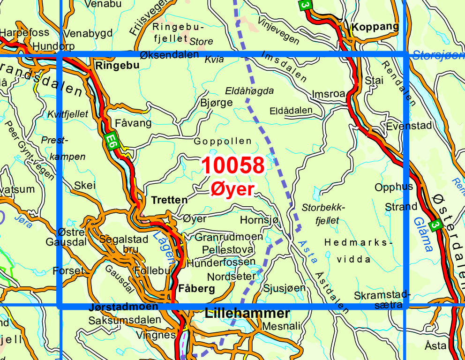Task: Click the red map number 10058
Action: (233, 165)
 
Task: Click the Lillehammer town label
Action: (247, 314)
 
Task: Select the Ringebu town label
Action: (117, 66)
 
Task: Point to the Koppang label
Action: (375, 26)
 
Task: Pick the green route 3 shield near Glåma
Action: (436, 225)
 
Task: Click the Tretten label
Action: (169, 200)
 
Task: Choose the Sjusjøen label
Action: (284, 288)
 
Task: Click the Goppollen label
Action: (223, 141)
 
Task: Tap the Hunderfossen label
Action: (221, 262)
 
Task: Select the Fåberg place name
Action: (197, 288)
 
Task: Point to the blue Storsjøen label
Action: (438, 55)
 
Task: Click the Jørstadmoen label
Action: (123, 307)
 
